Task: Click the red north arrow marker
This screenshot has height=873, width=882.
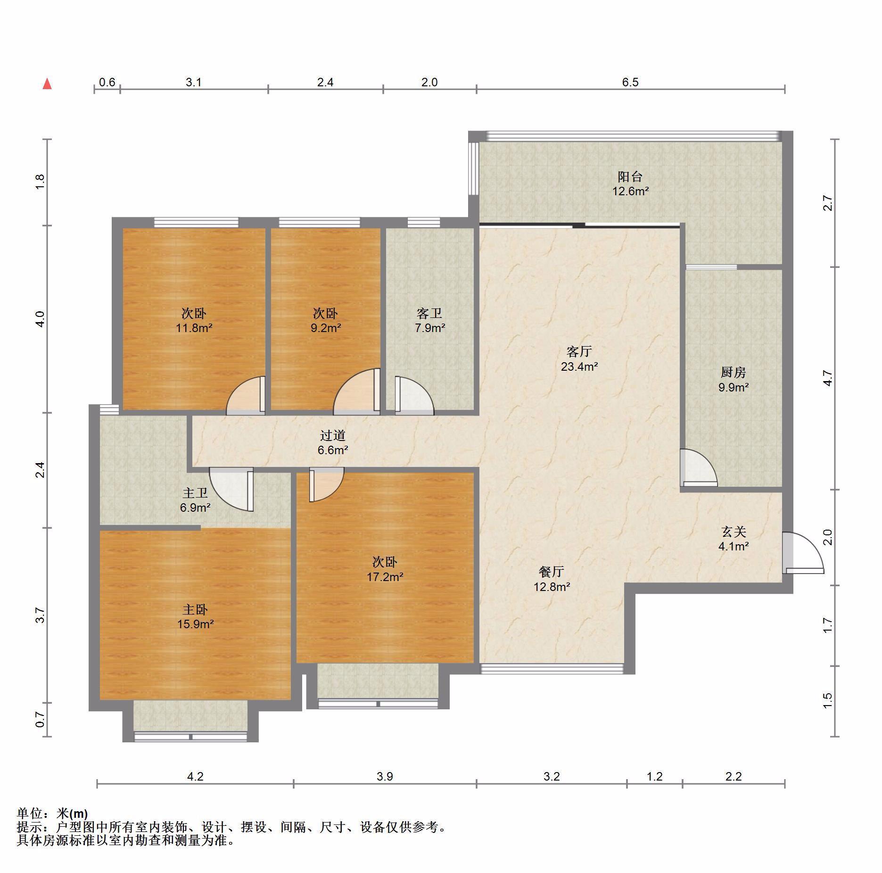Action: tap(47, 84)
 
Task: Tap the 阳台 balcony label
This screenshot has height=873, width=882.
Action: tap(630, 177)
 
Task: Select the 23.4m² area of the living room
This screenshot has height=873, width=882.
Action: tap(579, 366)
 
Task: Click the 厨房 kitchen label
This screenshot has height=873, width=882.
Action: tap(734, 373)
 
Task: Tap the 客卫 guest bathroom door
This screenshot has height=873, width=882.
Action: tap(414, 396)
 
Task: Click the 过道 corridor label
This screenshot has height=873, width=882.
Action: tap(333, 436)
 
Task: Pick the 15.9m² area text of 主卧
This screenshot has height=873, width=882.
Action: tap(196, 624)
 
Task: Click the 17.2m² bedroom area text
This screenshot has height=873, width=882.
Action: tap(385, 576)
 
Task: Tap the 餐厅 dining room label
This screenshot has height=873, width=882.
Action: tap(552, 572)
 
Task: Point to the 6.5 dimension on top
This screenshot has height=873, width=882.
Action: tap(630, 83)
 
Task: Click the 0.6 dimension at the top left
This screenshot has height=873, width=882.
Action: tap(107, 83)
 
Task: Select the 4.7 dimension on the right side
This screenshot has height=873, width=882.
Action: tap(828, 379)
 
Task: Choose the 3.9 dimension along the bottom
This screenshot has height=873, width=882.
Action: tap(385, 776)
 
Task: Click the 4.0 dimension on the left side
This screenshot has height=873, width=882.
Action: tap(40, 319)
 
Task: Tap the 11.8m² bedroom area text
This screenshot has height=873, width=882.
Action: tap(194, 327)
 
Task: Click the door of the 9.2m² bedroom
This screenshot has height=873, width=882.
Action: tap(357, 391)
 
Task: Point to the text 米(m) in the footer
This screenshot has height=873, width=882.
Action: tap(72, 814)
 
